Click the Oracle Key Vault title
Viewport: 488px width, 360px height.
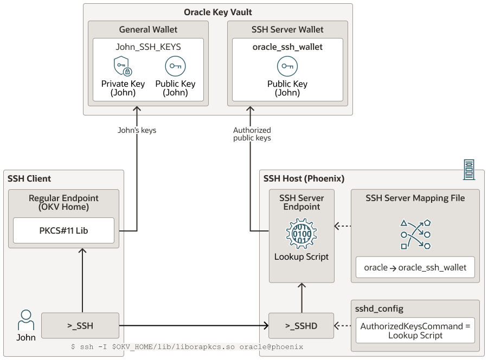pos(218,12)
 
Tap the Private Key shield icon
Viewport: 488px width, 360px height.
pos(122,66)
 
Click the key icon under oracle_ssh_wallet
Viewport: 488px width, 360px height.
pos(287,66)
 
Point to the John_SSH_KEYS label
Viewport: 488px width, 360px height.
pos(149,47)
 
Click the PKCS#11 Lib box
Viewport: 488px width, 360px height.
pos(63,230)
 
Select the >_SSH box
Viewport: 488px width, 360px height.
pos(80,326)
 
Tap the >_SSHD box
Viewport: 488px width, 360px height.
pos(301,326)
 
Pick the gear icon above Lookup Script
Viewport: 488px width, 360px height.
pos(301,233)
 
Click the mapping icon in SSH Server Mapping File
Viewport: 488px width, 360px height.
pos(415,235)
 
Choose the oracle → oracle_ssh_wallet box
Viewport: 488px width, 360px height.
pos(415,267)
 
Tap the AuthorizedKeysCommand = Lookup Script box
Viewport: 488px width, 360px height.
pos(415,330)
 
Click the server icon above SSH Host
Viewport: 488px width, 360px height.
pos(468,170)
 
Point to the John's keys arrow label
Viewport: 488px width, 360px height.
pos(137,130)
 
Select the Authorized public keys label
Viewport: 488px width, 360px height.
pos(252,134)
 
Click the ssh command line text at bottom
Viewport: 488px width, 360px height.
pos(187,346)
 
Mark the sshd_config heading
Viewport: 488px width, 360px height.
pos(379,308)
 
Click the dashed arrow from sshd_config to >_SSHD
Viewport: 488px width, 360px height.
pos(343,326)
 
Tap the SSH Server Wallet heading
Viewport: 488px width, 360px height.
pos(287,29)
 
